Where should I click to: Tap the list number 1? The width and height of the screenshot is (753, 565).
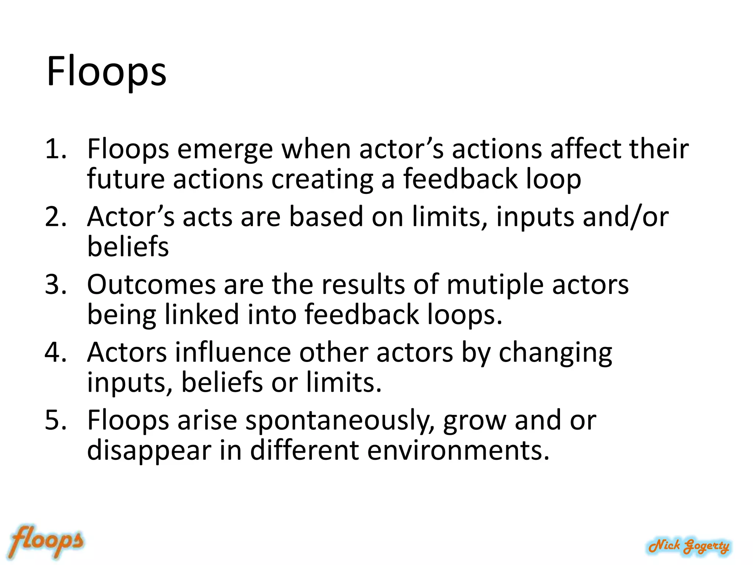(55, 149)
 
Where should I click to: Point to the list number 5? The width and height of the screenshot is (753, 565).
(56, 420)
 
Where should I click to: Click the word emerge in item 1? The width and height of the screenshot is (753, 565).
(225, 150)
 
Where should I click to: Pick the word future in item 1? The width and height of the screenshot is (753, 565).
(126, 179)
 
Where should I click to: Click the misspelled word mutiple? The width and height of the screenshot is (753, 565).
(495, 285)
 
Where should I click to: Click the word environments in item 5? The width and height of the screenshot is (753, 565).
(458, 451)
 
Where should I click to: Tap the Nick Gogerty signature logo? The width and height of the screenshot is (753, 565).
(689, 546)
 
